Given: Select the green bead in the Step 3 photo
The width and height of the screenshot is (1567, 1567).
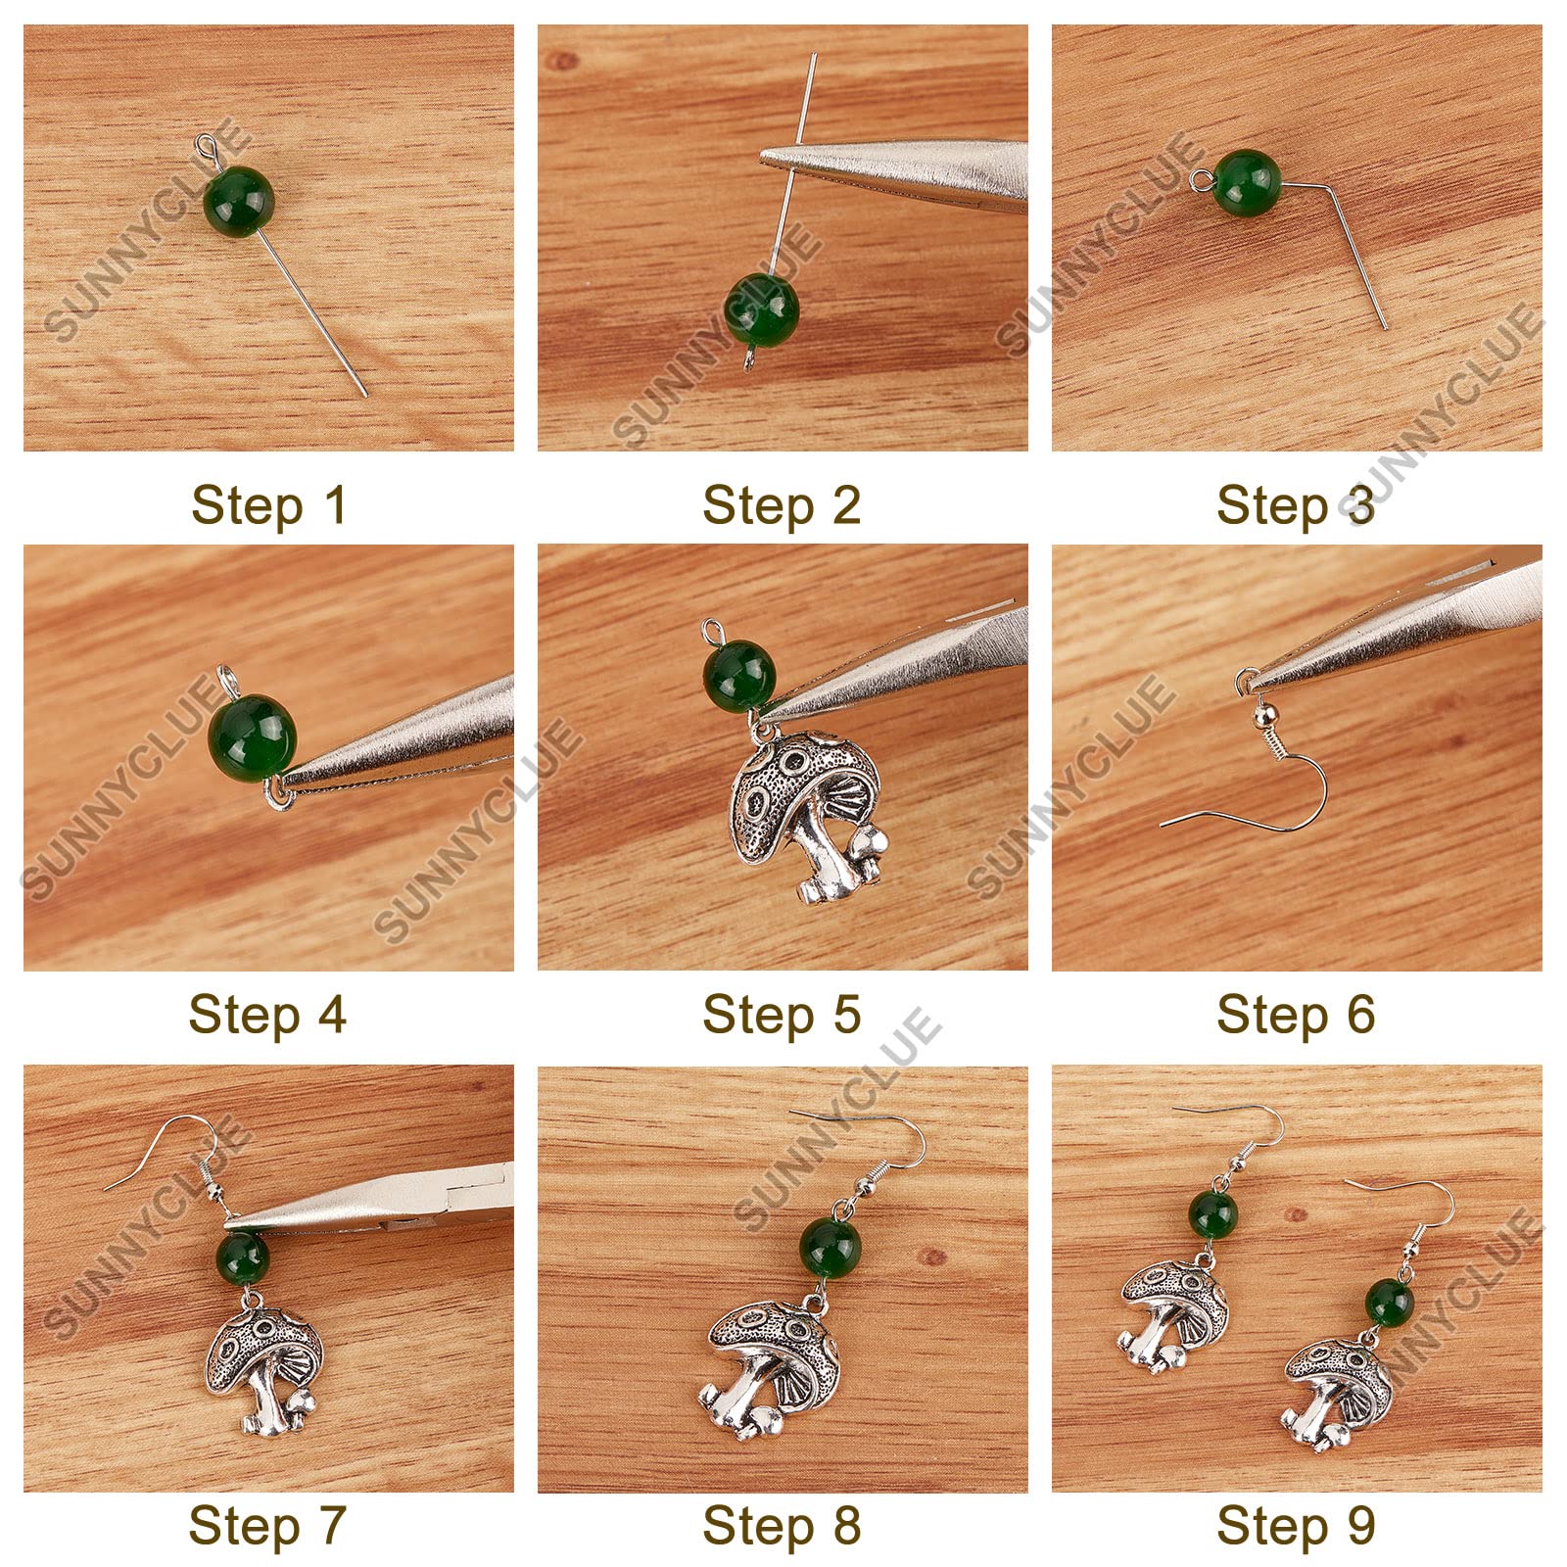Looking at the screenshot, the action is [1247, 182].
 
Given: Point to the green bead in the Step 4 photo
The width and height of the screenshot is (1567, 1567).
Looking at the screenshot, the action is [253, 732].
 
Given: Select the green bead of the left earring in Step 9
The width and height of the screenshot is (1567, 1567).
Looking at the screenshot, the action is [1213, 1214].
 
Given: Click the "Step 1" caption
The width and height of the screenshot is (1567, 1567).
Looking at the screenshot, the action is [268, 505].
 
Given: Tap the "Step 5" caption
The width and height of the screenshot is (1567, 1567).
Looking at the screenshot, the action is [782, 1015].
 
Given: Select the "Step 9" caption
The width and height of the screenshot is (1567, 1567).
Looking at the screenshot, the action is [1296, 1525].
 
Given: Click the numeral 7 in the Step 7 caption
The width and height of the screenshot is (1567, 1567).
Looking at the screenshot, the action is [330, 1525].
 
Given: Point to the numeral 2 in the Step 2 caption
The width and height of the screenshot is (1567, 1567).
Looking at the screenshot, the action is [844, 505].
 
